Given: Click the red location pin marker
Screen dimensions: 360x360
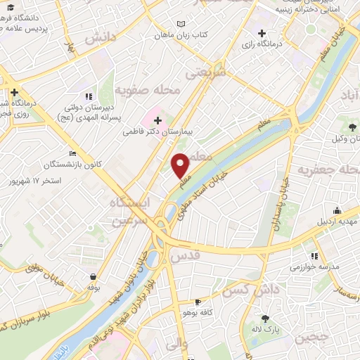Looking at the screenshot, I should click(x=181, y=165).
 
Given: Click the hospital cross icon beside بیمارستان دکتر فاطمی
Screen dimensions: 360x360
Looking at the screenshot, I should click(x=157, y=120).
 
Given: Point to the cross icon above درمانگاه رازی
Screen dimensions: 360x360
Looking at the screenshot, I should click(x=262, y=33).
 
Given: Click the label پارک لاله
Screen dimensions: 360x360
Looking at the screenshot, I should click(x=266, y=329).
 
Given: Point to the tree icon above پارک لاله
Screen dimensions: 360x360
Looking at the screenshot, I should click(x=265, y=318).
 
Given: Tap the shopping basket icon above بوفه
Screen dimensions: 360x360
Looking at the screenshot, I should click(x=93, y=276).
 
